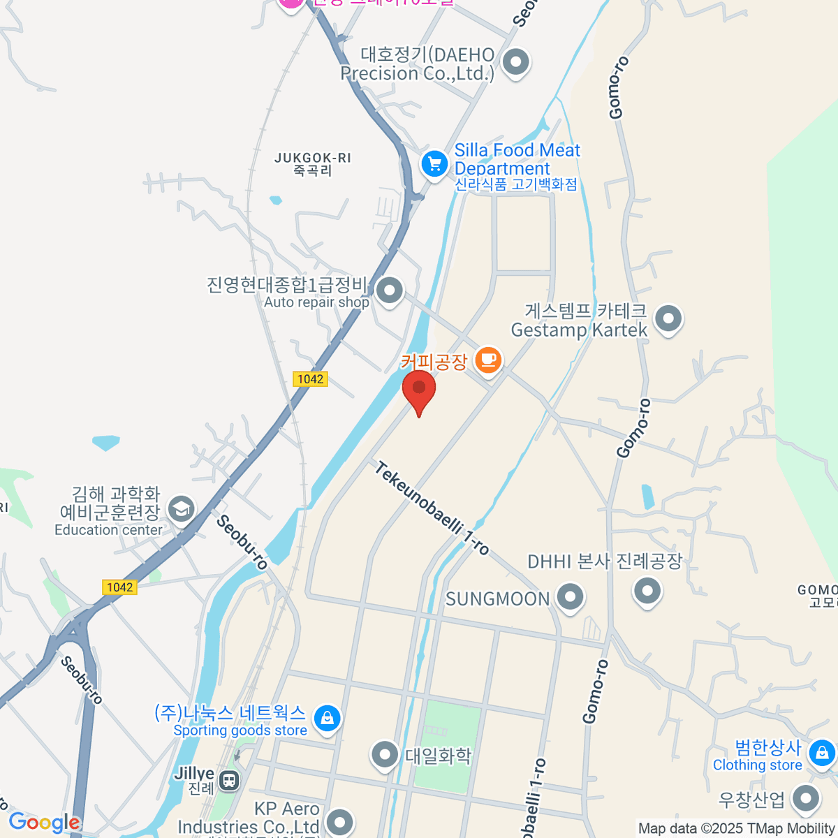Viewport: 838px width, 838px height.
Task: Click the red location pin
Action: pos(419,390)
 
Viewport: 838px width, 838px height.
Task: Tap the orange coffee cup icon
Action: pos(488,360)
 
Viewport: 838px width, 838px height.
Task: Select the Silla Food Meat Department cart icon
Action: pos(434,165)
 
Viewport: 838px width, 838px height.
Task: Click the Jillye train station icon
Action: pos(228,780)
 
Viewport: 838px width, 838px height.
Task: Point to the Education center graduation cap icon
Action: pos(181,509)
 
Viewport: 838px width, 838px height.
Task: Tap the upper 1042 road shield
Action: pos(310,379)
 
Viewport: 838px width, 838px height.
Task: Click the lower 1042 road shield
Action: pos(119,587)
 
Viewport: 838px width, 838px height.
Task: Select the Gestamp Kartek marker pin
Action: pos(668,319)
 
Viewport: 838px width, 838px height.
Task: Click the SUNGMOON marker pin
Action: pos(571,598)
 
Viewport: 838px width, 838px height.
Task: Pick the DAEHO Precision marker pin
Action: pos(516,62)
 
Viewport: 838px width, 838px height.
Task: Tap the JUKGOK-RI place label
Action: pos(312,164)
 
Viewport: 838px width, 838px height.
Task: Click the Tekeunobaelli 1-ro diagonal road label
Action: pos(432,508)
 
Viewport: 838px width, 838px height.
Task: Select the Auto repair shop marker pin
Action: pos(389,290)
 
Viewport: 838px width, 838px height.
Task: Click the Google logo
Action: pos(44,823)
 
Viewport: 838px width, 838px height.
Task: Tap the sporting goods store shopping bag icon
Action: pos(327,718)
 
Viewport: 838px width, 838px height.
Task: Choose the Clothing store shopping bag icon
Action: pos(822,754)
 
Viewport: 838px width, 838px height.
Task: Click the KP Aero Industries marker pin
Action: pos(339,821)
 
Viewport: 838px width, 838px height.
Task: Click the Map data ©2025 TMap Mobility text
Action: pos(736,828)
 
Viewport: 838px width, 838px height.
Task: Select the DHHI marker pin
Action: pos(647,591)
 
